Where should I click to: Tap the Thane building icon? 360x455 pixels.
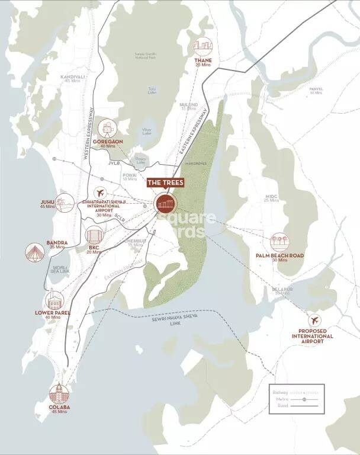[x=203, y=47]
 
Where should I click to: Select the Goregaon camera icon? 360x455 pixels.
[x=107, y=127]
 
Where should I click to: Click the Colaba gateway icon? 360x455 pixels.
[x=58, y=394]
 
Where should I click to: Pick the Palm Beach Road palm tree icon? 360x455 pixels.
[x=279, y=242]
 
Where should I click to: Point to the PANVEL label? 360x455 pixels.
[x=316, y=89]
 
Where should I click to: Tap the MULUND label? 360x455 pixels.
[x=189, y=105]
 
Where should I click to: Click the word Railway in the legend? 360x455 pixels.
[x=279, y=392]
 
